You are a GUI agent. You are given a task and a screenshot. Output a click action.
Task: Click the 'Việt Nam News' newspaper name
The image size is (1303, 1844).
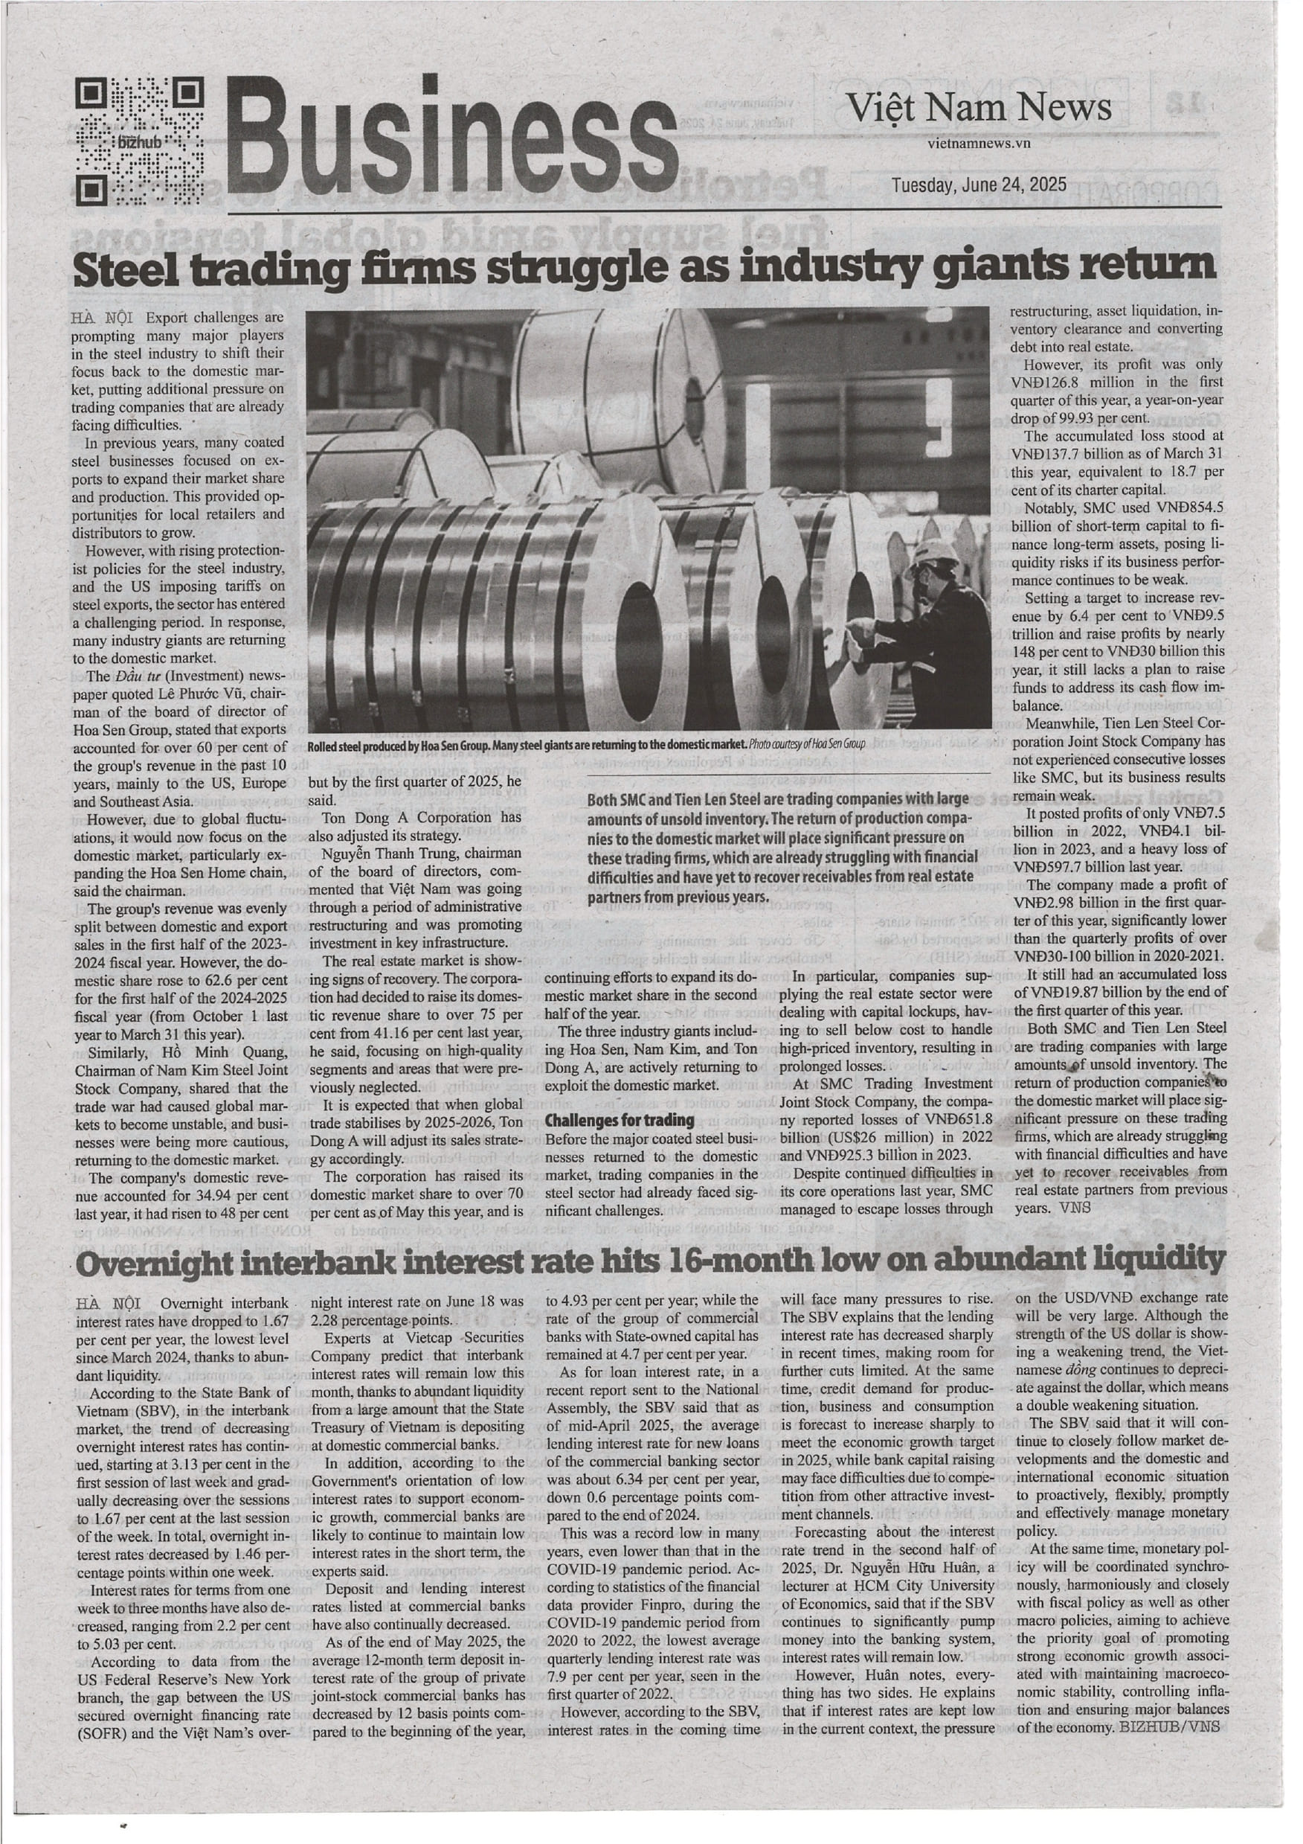(x=980, y=108)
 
